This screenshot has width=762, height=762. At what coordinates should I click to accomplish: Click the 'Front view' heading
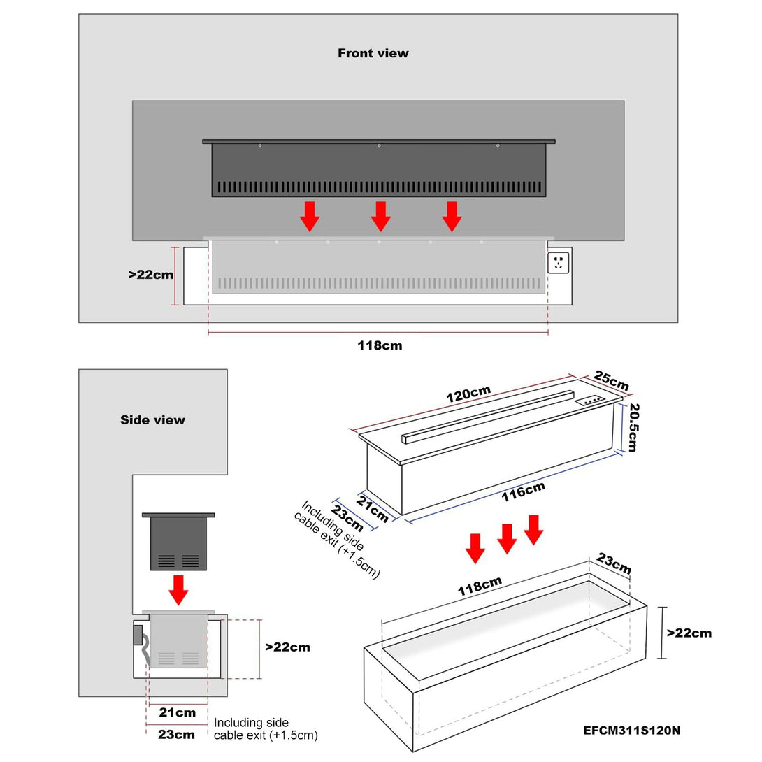[373, 53]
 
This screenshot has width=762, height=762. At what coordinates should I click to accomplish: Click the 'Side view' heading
[152, 420]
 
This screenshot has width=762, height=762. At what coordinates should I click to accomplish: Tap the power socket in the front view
[559, 263]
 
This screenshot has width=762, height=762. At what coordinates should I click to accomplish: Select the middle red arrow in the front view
[380, 216]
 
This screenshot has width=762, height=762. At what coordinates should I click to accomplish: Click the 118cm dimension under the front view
[380, 345]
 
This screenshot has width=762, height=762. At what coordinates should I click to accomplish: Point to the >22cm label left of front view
[150, 275]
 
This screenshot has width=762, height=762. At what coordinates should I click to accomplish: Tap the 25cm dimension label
[612, 381]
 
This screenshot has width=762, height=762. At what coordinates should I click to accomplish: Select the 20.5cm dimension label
[633, 427]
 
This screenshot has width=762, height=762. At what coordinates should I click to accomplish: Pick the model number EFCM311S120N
[632, 731]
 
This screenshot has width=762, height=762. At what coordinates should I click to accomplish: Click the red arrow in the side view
[179, 589]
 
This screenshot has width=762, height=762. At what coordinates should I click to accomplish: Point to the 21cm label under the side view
[177, 713]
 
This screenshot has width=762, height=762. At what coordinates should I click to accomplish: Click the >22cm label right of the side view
[287, 647]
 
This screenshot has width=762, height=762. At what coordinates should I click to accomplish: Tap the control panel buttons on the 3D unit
[591, 401]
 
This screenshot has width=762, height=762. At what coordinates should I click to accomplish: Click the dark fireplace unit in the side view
[178, 542]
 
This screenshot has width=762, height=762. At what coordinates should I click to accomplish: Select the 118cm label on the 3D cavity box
[480, 586]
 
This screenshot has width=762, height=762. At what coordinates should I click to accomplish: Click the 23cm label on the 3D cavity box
[614, 563]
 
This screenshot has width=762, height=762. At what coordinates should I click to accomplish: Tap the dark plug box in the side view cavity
[138, 635]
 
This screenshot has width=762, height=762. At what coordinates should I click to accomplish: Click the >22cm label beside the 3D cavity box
[689, 633]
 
